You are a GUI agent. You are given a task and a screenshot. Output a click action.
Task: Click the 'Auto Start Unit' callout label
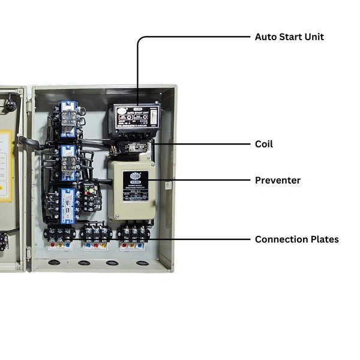(x=289, y=37)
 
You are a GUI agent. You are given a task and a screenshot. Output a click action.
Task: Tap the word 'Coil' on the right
(x=263, y=144)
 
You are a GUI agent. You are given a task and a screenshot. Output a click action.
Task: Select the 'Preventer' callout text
(x=278, y=180)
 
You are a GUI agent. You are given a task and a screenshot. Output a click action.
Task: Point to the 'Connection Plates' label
(x=296, y=239)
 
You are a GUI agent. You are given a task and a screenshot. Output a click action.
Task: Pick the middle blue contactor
(x=68, y=161)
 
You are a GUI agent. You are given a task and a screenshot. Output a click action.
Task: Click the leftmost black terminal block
(x=59, y=233)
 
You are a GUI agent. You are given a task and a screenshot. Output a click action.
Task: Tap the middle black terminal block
(x=96, y=233)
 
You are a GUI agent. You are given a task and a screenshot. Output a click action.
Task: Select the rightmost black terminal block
(x=133, y=232)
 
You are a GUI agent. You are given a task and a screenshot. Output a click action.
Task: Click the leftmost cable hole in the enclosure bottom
(x=55, y=262)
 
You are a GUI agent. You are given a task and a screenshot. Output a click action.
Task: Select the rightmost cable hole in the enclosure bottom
(x=142, y=263)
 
